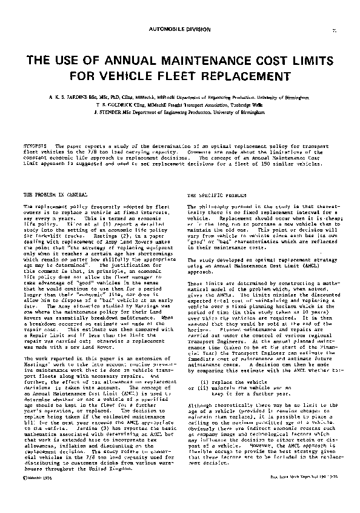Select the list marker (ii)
click(x=199, y=372)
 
